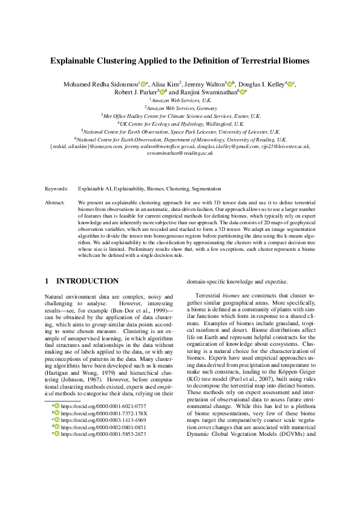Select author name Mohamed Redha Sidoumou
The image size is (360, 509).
pos(100,84)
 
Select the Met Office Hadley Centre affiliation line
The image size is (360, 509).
pos(181,115)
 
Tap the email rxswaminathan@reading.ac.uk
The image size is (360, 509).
pos(180,154)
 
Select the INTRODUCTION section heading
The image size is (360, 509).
pos(87,281)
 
